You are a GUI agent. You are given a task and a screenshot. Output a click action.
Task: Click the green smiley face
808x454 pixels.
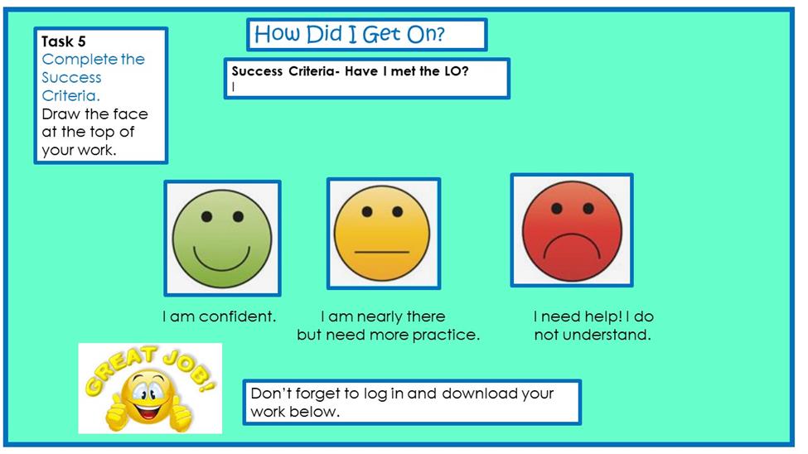(222, 238)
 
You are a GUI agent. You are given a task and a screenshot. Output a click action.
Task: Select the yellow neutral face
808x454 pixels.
(382, 234)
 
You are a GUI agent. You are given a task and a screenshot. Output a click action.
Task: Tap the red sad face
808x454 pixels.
(572, 231)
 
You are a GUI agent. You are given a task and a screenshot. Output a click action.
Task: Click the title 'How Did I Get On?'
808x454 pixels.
(350, 34)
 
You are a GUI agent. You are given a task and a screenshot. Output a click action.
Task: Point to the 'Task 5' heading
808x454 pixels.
(63, 41)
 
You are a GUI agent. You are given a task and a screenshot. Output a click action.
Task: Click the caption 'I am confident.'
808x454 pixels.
(219, 316)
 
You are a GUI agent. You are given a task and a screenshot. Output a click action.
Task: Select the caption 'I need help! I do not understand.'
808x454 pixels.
(593, 326)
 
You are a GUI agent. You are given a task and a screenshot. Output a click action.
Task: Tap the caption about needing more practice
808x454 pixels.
(388, 326)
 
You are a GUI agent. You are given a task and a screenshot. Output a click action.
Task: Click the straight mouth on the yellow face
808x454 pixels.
(382, 252)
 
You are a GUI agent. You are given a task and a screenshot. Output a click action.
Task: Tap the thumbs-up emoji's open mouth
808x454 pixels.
(148, 412)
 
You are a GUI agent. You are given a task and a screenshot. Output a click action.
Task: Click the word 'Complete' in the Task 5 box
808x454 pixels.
(80, 60)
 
